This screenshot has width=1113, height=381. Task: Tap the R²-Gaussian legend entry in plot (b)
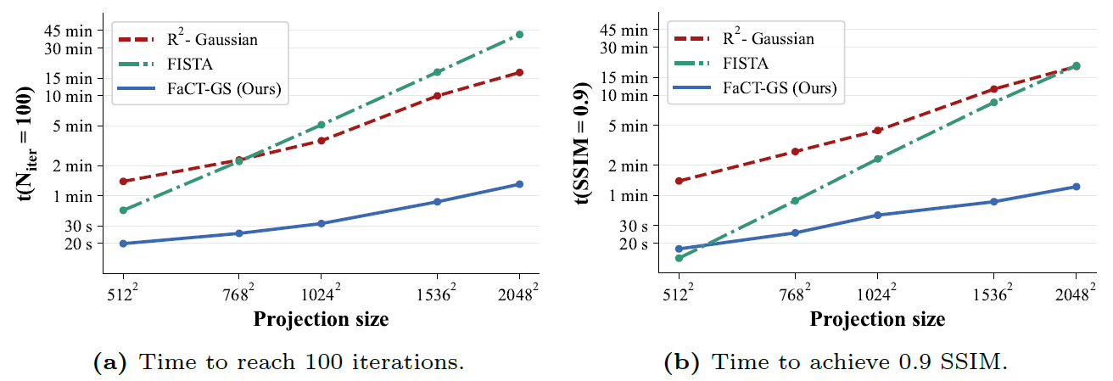click(x=769, y=38)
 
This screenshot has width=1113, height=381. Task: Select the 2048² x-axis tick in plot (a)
click(x=519, y=294)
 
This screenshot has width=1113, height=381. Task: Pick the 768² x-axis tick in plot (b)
click(x=795, y=294)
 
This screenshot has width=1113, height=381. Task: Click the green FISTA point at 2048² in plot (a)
click(x=519, y=34)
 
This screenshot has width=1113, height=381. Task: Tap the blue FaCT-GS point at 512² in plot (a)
click(x=124, y=244)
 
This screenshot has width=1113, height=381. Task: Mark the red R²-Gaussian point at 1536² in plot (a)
click(x=437, y=96)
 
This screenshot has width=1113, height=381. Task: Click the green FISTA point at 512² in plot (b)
click(x=680, y=258)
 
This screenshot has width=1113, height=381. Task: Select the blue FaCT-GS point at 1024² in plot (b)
click(x=876, y=215)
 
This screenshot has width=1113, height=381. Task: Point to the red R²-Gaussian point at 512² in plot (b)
click(x=680, y=181)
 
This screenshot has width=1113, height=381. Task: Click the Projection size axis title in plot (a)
click(x=321, y=320)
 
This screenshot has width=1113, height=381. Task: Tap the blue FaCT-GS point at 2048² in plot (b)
click(x=1076, y=187)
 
